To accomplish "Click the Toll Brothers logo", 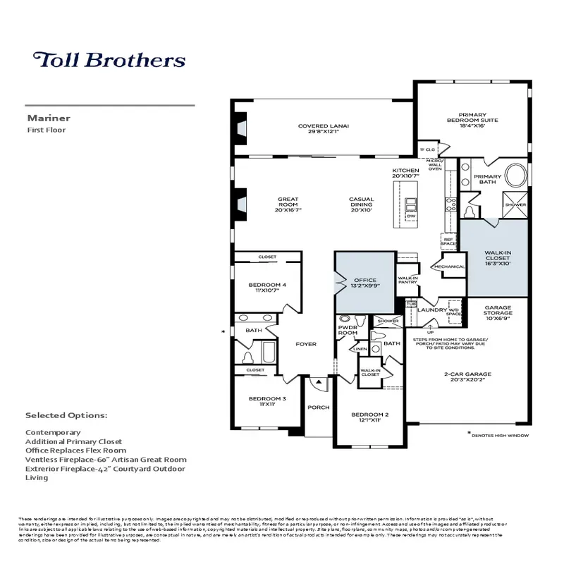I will click(109, 59).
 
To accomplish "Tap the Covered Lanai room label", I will click(324, 129).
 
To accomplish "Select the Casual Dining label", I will click(361, 204).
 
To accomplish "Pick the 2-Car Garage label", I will click(468, 376).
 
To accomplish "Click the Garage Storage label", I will click(502, 313).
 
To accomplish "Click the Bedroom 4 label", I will click(267, 288).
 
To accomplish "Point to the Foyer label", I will click(306, 344).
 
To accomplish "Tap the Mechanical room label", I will click(450, 267).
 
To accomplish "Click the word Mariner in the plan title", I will click(44, 119).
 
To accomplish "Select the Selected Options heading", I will click(66, 415).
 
